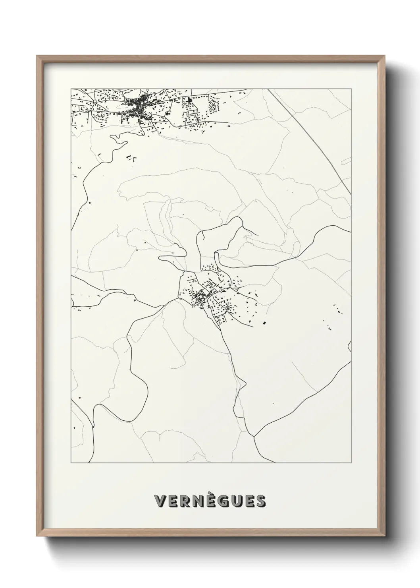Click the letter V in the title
(160, 501)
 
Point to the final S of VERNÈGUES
(260, 501)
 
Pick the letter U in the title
(237, 501)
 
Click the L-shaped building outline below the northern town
(135, 160)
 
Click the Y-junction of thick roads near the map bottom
(254, 437)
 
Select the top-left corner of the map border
(71, 89)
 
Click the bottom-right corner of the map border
(351, 463)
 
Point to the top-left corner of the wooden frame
(37, 56)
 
